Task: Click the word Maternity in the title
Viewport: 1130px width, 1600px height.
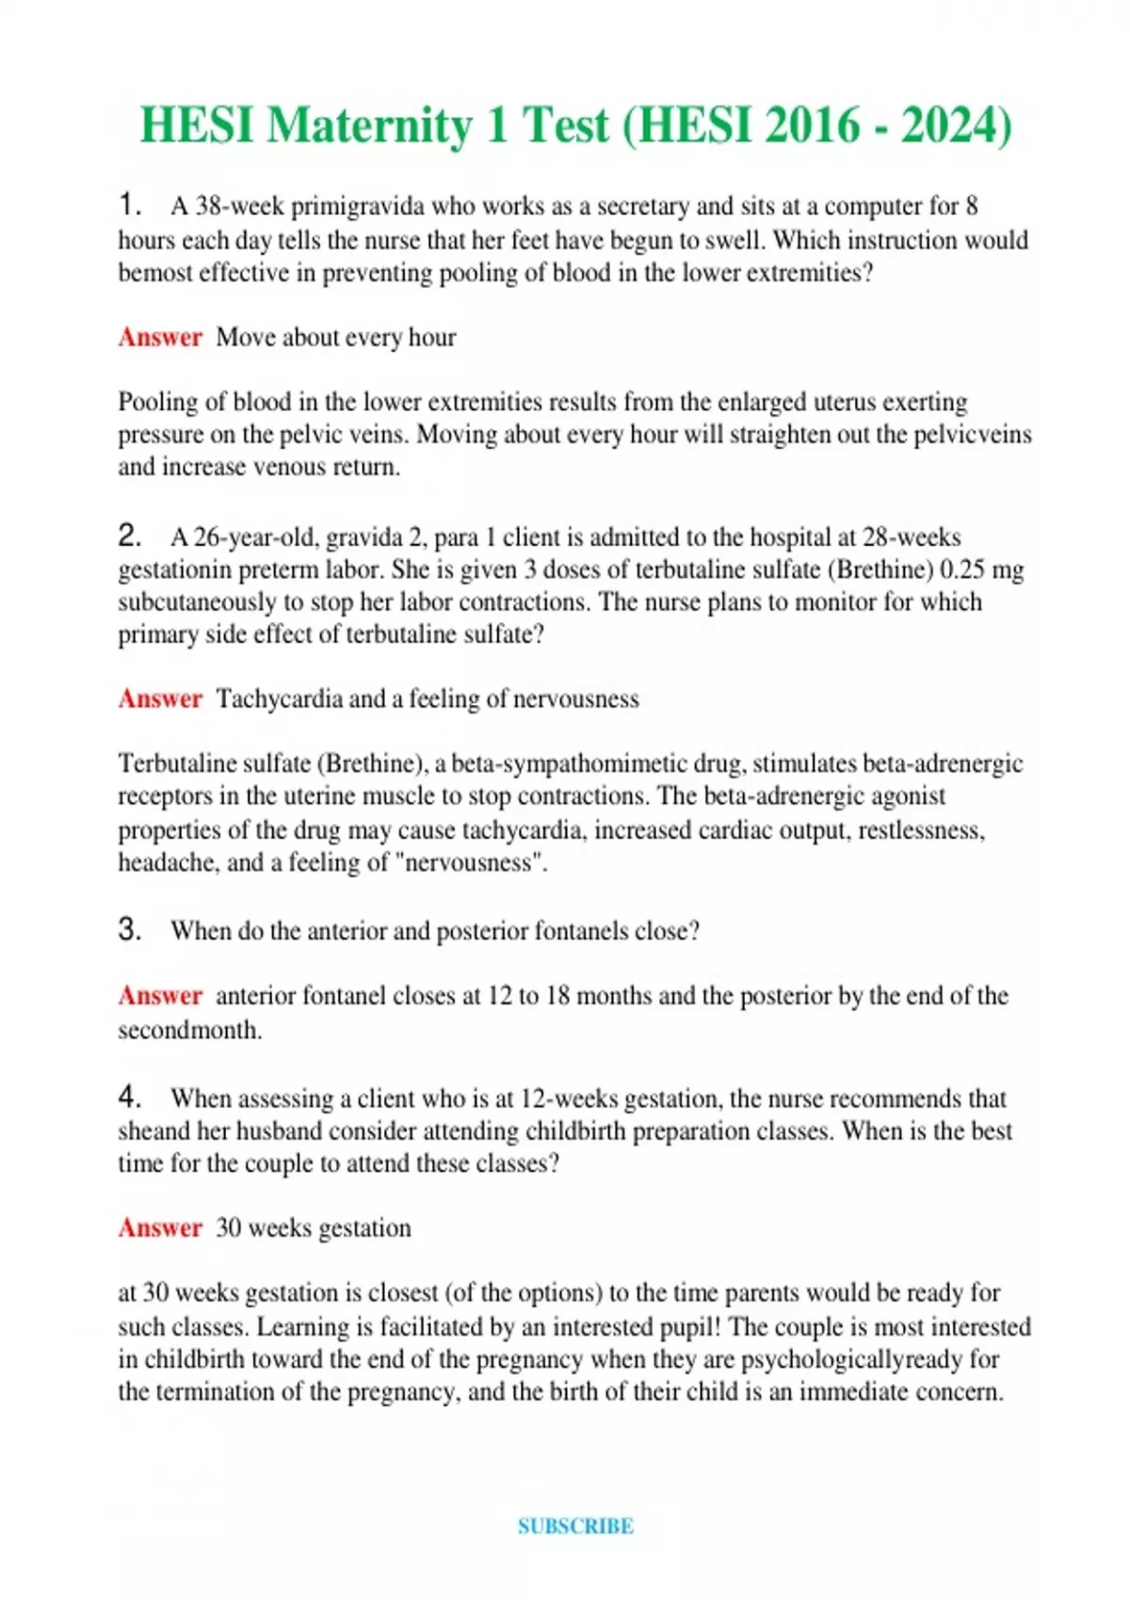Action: pos(368,126)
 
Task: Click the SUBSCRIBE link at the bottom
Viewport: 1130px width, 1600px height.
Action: pos(575,1527)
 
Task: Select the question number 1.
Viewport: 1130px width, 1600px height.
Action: pos(129,204)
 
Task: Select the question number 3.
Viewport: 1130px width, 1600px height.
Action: pos(129,930)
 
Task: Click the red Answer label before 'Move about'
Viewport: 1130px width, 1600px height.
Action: pos(160,337)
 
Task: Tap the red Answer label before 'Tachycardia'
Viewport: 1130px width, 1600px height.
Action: pos(160,698)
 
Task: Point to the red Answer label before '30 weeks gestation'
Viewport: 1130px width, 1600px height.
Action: pos(160,1227)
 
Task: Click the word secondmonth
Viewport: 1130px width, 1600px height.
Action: pos(189,1030)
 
